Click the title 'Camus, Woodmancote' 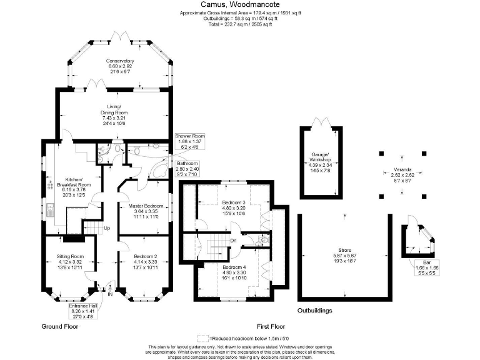(239, 4)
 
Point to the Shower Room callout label (190, 142)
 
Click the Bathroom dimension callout (187, 168)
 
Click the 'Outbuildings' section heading (314, 311)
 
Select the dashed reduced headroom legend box (203, 338)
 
